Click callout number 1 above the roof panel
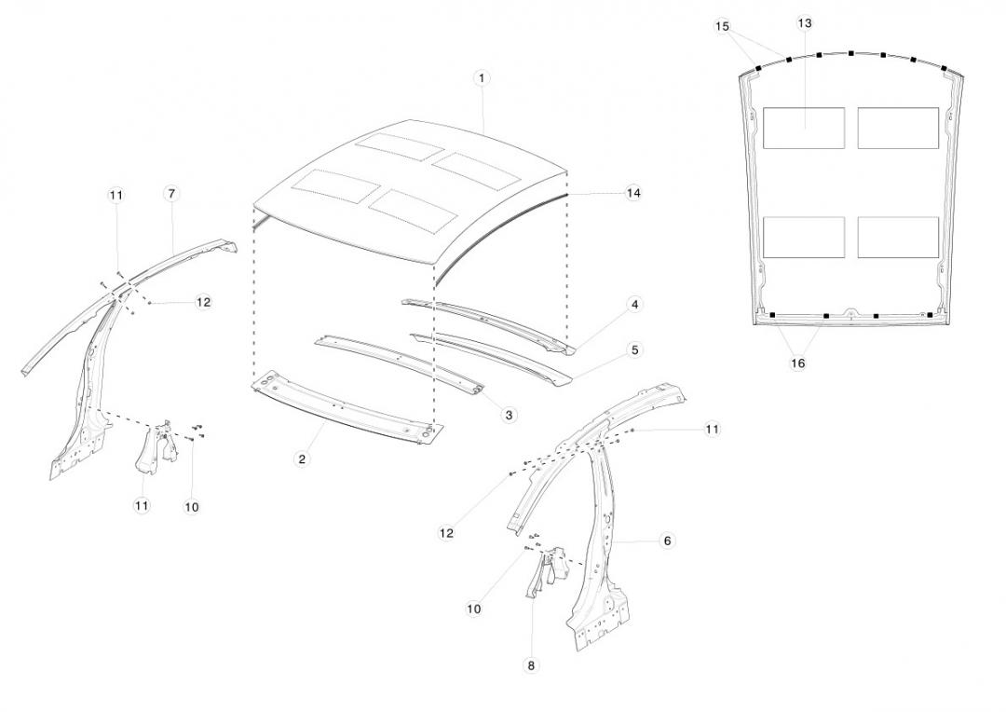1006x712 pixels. pyautogui.click(x=482, y=78)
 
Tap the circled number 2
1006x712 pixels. pyautogui.click(x=302, y=459)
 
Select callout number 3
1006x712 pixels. pyautogui.click(x=509, y=415)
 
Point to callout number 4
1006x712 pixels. pyautogui.click(x=634, y=304)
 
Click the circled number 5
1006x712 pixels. pyautogui.click(x=634, y=350)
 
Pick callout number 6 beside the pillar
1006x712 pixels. pyautogui.click(x=667, y=541)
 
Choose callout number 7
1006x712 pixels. pyautogui.click(x=171, y=193)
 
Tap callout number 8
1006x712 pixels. pyautogui.click(x=532, y=665)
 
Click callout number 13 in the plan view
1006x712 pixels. pyautogui.click(x=805, y=22)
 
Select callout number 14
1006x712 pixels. pyautogui.click(x=633, y=193)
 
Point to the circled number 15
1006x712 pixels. pyautogui.click(x=722, y=26)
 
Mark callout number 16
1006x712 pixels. pyautogui.click(x=797, y=363)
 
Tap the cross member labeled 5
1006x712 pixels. pyautogui.click(x=494, y=354)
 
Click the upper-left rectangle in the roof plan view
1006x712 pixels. pyautogui.click(x=803, y=128)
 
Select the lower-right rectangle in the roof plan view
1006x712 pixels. pyautogui.click(x=897, y=237)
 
